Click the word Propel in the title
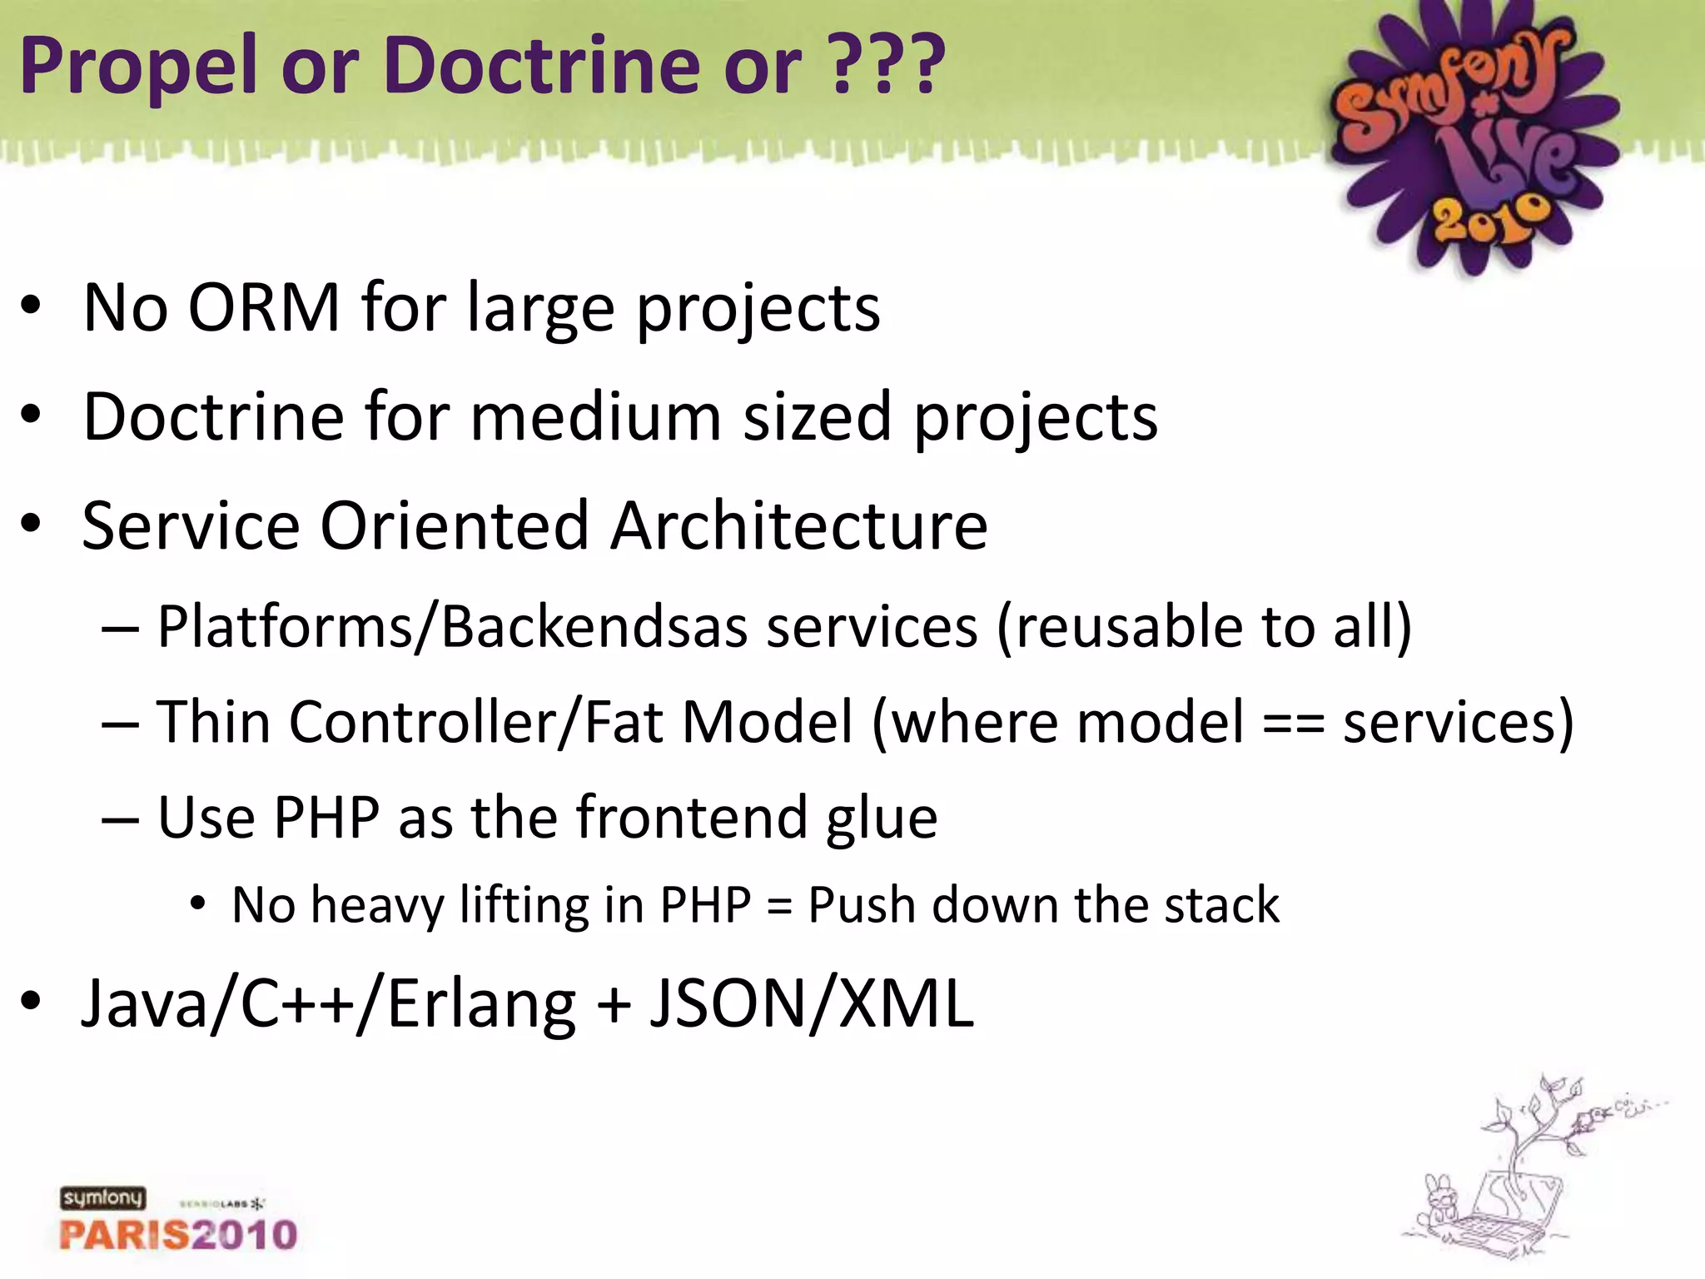138,67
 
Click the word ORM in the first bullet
264,308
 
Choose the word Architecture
799,525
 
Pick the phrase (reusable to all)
1204,626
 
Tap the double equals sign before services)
1293,722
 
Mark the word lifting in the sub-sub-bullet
524,906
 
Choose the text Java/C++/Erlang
328,1004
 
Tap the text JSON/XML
811,1003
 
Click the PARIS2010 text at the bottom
178,1234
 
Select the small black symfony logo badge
102,1198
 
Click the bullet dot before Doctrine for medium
31,416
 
